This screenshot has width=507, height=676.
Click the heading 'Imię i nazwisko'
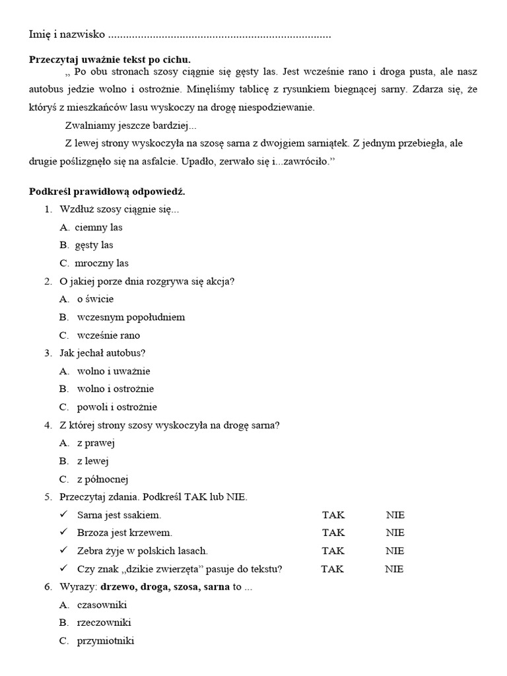tap(67, 34)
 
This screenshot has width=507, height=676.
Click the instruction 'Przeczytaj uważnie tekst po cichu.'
tap(110, 59)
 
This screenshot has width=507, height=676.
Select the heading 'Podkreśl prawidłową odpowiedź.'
tap(107, 191)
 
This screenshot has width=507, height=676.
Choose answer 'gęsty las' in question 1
tap(94, 245)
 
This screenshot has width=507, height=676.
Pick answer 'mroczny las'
tap(101, 263)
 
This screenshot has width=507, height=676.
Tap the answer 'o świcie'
tap(95, 299)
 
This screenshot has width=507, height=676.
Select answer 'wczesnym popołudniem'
tap(131, 317)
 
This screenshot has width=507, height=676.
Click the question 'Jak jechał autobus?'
tap(102, 353)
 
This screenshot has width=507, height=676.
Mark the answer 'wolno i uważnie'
tap(114, 371)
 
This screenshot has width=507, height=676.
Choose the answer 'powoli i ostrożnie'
tap(117, 407)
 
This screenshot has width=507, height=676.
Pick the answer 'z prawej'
tap(96, 443)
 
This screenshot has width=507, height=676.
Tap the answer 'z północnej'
tap(102, 479)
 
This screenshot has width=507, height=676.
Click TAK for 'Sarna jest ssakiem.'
tap(333, 515)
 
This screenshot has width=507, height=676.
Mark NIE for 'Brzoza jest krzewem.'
tap(395, 533)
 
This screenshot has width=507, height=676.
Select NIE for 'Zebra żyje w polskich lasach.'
tap(395, 551)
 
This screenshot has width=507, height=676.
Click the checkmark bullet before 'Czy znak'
tap(63, 568)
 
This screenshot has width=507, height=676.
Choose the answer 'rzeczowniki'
tap(104, 623)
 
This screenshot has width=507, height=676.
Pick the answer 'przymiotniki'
tap(106, 640)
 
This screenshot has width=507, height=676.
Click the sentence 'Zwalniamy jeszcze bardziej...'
tap(131, 125)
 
